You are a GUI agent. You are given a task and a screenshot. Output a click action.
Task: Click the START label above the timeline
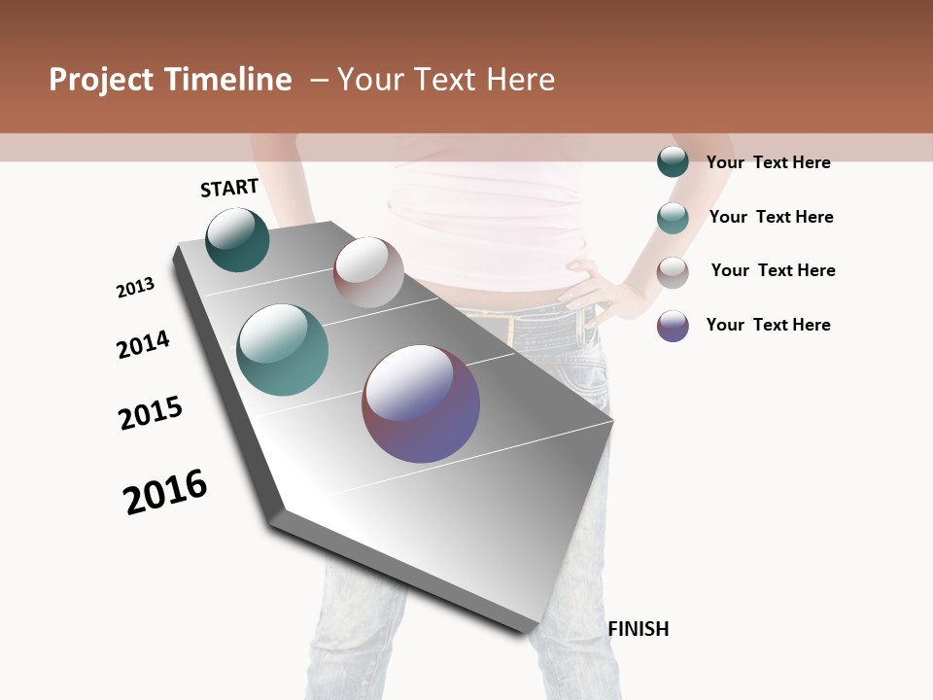229,188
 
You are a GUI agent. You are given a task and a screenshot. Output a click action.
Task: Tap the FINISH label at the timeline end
639,629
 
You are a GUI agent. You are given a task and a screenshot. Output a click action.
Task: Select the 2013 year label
135,288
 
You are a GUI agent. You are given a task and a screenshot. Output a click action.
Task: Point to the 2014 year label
143,344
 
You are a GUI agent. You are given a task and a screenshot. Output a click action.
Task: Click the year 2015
151,413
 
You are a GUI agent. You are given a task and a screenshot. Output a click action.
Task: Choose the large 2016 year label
165,492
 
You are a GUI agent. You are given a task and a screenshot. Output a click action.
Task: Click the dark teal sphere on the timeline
237,240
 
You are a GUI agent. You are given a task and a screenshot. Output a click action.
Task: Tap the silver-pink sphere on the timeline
368,272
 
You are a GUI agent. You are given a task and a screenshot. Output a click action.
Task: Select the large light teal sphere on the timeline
282,350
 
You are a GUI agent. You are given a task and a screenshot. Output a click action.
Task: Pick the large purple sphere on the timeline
421,403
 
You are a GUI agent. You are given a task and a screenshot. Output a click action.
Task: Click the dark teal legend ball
673,161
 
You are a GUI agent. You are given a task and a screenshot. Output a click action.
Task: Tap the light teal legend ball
673,218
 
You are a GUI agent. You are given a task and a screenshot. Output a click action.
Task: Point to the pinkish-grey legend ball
673,272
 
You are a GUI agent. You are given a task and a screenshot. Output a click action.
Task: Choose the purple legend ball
673,326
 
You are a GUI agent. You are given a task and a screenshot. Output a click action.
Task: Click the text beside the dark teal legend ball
768,162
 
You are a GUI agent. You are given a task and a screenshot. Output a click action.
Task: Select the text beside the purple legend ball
768,325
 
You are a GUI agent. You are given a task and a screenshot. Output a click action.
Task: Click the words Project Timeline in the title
170,80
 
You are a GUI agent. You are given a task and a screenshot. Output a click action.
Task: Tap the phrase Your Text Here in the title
446,80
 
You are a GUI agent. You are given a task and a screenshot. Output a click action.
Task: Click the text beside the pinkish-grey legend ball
773,270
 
